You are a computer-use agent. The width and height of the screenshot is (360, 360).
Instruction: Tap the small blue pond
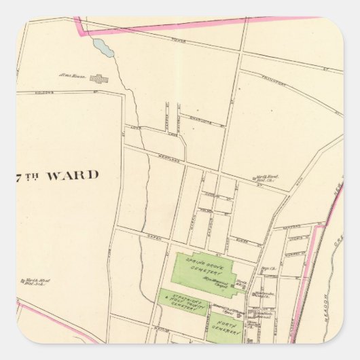103,48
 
